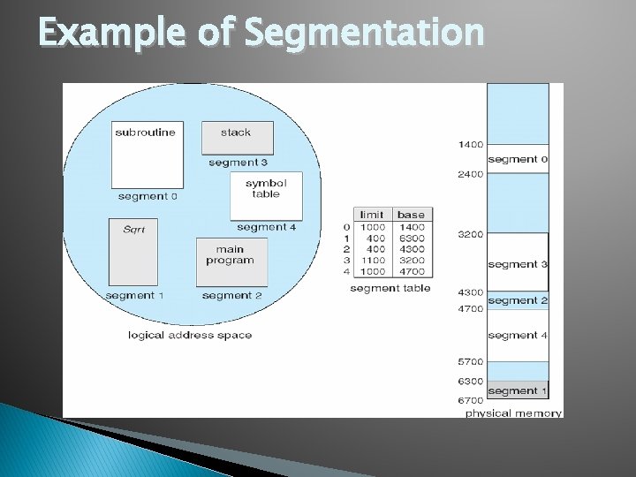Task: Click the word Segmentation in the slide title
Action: [363, 33]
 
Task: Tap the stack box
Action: [237, 137]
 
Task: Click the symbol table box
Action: [265, 195]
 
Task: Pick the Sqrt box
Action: [133, 251]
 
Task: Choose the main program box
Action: [231, 261]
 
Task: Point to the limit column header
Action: [371, 215]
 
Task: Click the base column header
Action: [411, 215]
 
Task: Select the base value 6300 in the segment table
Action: [411, 238]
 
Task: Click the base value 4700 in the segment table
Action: [411, 272]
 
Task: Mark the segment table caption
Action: [390, 288]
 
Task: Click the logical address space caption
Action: [190, 335]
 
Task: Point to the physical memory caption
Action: [512, 413]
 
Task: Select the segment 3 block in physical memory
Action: [518, 263]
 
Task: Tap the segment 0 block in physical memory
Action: [518, 159]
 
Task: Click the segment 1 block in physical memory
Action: [518, 390]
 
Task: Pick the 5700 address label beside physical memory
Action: [470, 362]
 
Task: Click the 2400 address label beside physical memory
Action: [470, 174]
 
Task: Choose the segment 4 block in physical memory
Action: [518, 335]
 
